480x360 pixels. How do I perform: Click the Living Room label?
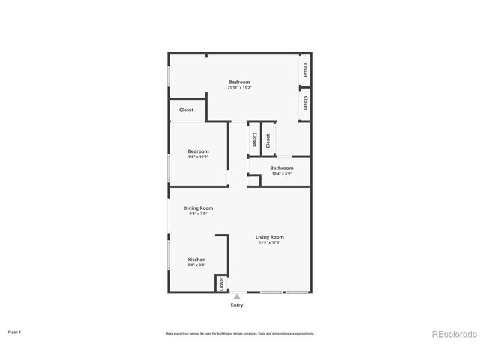[270, 237]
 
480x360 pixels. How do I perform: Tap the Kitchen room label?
[196, 259]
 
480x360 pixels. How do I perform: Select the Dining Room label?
[199, 208]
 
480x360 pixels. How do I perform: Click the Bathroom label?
[282, 169]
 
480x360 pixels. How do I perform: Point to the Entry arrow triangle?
[237, 297]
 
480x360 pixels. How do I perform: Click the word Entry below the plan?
[237, 305]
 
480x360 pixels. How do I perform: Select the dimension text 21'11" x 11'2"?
[239, 88]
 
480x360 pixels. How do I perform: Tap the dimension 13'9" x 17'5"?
[270, 242]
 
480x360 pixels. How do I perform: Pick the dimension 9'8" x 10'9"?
[199, 157]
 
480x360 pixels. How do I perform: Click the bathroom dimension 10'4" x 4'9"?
[282, 174]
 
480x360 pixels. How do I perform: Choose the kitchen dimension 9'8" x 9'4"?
[196, 265]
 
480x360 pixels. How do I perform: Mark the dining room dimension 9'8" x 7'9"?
[199, 214]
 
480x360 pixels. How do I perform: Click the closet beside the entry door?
[221, 284]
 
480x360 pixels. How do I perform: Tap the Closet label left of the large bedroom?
[186, 109]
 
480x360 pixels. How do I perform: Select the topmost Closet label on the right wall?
[305, 70]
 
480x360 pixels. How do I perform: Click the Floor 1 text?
[15, 331]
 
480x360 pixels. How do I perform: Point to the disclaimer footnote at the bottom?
[239, 333]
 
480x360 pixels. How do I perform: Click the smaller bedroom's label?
[199, 151]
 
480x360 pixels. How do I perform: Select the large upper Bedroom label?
[239, 82]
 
